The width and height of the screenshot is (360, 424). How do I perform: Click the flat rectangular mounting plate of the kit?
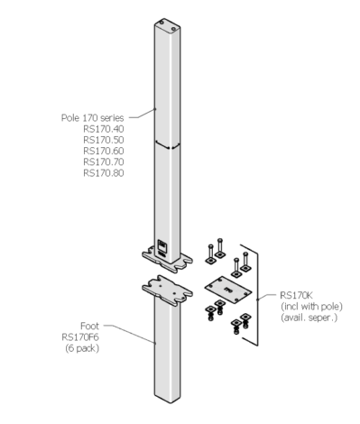click(226, 289)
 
